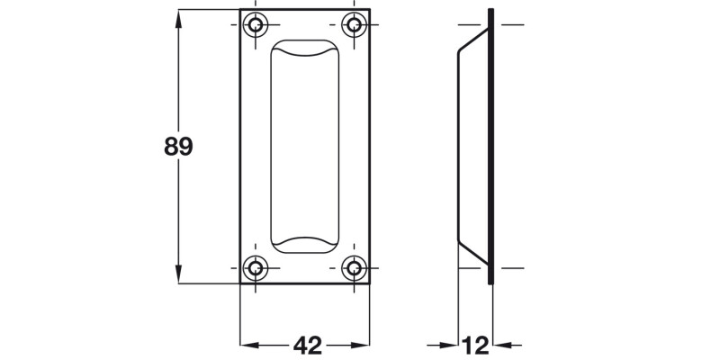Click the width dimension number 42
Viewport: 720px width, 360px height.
(308, 345)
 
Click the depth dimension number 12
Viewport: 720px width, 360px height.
(475, 345)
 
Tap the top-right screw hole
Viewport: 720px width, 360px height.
(355, 24)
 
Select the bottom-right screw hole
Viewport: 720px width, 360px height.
(355, 267)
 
